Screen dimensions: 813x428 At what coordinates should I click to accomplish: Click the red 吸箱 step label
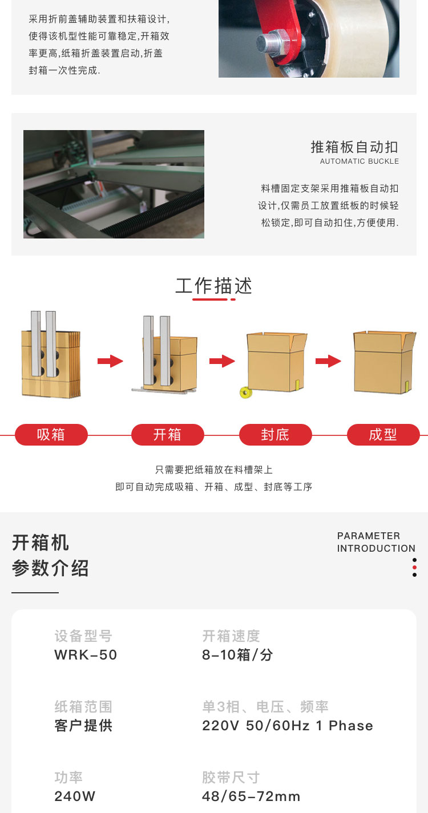coord(51,435)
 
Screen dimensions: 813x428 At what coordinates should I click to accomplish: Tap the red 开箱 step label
coord(167,435)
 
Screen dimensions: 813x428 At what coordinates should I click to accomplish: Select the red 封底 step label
coord(275,435)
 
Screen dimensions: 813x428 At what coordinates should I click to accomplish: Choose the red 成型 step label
coord(383,435)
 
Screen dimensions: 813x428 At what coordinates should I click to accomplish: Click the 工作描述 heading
coord(214,286)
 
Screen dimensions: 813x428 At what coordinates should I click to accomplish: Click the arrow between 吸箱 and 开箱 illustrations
coord(110,361)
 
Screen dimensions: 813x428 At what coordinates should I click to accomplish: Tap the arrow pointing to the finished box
coord(328,361)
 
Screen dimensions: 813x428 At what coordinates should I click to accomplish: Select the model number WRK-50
coord(86,654)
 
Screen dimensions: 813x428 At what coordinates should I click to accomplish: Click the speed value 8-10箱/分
coord(237,654)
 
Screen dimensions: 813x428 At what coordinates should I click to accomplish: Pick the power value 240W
coord(75,796)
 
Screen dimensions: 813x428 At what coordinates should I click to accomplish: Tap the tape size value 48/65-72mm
coord(251,796)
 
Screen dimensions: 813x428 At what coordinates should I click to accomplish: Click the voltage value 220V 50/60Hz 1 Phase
coord(288,726)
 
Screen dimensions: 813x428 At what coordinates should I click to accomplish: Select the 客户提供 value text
coord(83,726)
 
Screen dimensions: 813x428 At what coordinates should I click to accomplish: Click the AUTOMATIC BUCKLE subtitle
coord(360,161)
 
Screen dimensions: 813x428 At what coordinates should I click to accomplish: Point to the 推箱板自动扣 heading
coord(354,147)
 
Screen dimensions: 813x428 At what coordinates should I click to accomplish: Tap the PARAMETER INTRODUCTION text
coord(376,542)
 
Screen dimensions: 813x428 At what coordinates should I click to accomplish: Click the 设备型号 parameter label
coord(83,636)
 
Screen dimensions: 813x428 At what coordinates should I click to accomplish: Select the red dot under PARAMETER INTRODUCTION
coord(414,567)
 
